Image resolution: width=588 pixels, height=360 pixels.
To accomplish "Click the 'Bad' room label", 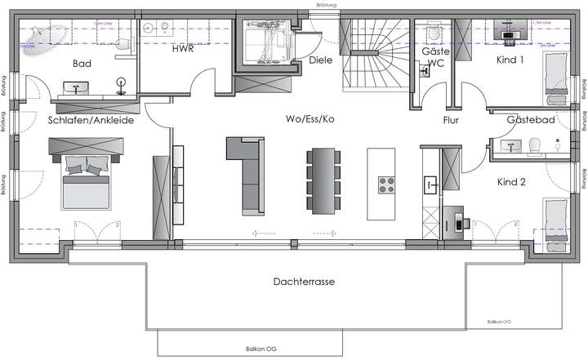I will pos(81,64).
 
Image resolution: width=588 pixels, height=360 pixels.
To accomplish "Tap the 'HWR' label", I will pos(182,48).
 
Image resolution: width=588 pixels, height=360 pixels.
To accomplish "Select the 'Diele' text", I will pos(320,60).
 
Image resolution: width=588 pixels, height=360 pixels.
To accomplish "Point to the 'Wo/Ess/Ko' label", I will pos(310,118).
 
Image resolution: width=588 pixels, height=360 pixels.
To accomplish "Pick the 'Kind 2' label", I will pos(511,182).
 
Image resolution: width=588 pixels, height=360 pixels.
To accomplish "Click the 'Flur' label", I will pos(451,119).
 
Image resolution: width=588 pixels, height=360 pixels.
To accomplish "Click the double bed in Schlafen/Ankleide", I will pos(86,184).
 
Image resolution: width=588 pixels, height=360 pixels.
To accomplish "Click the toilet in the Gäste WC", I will pos(433,33).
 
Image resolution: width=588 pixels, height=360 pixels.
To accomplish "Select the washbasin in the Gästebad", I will pos(512,147).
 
